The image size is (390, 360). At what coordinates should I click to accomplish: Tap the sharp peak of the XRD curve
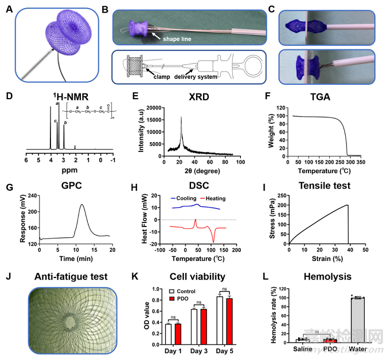[181, 118]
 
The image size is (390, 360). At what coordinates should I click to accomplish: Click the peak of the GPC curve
[82, 205]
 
